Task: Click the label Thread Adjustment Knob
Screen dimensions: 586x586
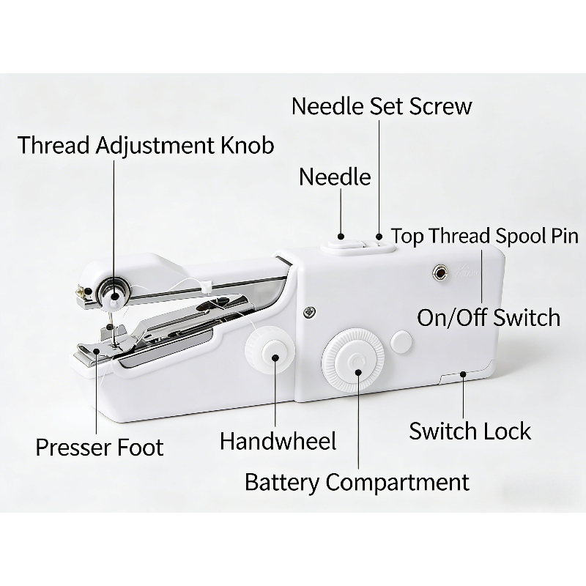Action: pos(146,145)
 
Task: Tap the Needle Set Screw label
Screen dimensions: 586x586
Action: pos(382,105)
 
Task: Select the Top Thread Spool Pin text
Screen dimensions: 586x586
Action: pos(485,236)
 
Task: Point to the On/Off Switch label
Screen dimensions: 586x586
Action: pos(489,318)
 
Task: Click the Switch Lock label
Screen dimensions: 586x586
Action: pos(470,431)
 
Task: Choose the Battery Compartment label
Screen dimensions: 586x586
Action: pos(357,482)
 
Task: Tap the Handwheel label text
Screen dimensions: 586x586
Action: pos(278,441)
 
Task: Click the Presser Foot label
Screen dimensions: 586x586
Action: pos(100,447)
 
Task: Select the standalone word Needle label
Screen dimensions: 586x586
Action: pos(335,177)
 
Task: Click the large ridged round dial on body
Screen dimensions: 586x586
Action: pos(353,360)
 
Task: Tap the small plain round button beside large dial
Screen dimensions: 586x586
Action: pos(401,341)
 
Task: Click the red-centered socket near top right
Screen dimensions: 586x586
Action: pos(441,272)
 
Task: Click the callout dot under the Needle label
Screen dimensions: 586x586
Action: pos(341,237)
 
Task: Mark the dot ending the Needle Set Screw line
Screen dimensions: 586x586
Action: pos(379,237)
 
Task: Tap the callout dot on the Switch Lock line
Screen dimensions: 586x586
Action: pos(463,374)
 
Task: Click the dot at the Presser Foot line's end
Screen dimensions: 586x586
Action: pos(97,352)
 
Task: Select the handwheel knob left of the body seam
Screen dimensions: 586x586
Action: pos(270,350)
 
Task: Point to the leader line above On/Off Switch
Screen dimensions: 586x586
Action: pos(481,277)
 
